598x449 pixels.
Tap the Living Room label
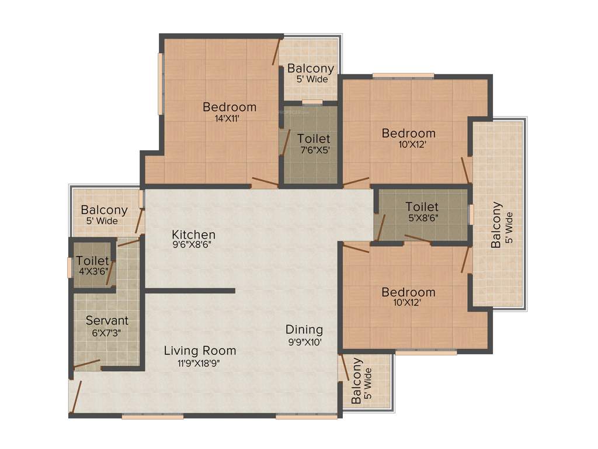pos(200,351)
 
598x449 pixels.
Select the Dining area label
pos(304,330)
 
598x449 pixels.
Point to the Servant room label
pos(107,320)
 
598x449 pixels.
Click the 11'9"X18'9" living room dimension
pos(200,362)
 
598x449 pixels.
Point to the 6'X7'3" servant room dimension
pos(107,333)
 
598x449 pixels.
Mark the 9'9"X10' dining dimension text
pos(304,342)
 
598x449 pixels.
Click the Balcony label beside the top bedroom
pos(311,68)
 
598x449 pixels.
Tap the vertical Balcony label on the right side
pos(496,226)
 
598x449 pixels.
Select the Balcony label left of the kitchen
pos(104,210)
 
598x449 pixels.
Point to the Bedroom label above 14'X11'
pos(230,107)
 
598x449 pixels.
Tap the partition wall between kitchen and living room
pos(189,290)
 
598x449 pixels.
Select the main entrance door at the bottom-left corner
pos(75,398)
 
